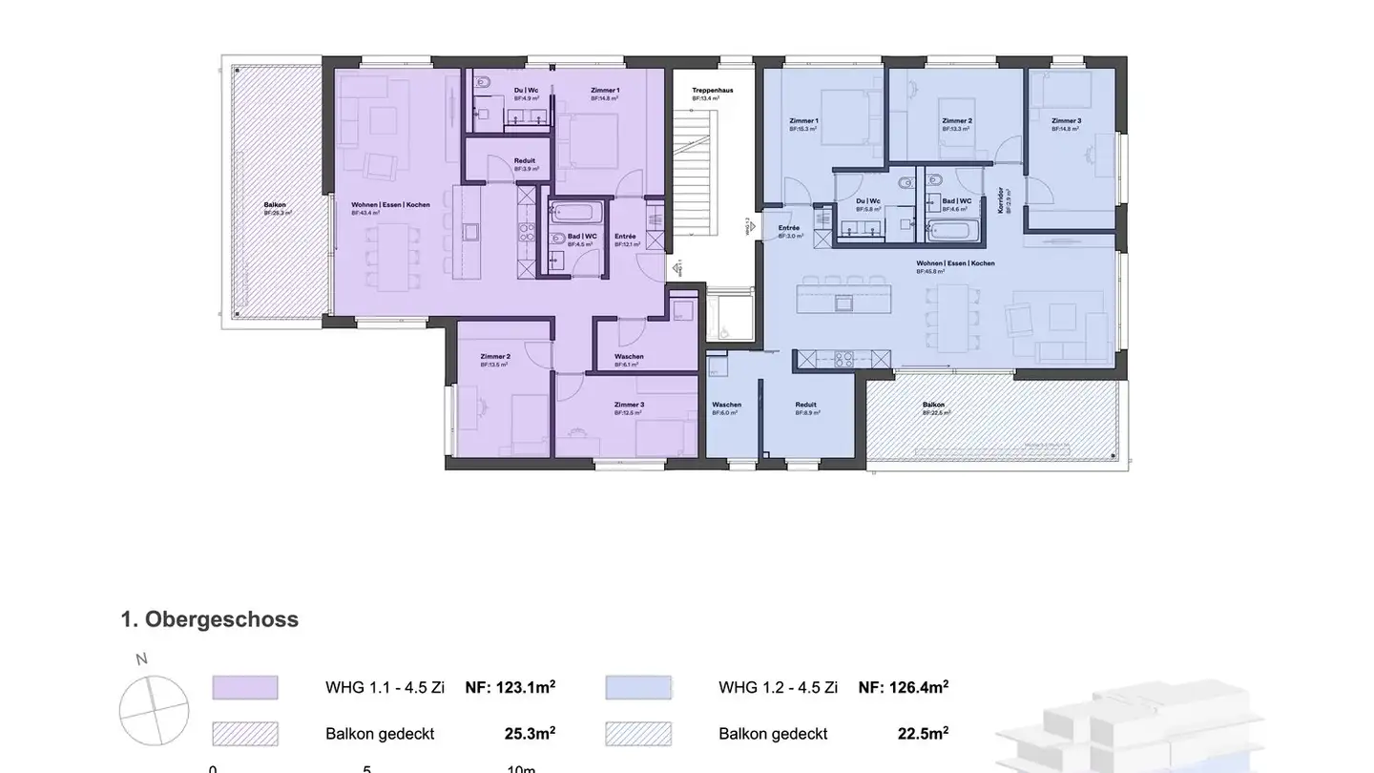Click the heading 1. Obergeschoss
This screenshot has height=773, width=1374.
point(209,619)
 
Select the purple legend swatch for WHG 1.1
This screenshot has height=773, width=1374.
point(245,688)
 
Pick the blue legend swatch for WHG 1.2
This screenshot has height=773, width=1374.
point(638,688)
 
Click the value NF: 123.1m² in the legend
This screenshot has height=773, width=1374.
point(510,687)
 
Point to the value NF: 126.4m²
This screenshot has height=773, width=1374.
point(903,687)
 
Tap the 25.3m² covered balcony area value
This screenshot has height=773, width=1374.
point(530,734)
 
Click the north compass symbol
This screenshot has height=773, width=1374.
point(154,710)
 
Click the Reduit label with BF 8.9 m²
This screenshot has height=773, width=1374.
point(806,406)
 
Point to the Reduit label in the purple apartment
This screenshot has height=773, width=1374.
point(524,161)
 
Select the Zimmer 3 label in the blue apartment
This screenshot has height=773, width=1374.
point(1066,121)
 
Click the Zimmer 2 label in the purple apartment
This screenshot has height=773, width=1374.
point(493,357)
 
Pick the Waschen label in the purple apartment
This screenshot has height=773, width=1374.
point(628,357)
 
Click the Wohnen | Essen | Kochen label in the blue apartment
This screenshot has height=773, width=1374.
point(942,263)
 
